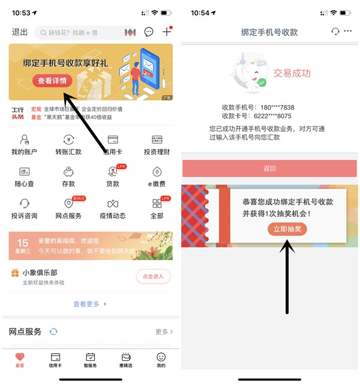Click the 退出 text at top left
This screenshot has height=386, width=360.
point(20,32)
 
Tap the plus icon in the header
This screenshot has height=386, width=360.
point(167,32)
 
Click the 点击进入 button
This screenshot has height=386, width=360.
point(153,276)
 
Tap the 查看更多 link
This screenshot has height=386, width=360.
point(89,304)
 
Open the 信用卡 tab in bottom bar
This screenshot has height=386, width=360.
point(55,360)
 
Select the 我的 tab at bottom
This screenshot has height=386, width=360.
point(161,360)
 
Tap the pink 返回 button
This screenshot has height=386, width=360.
point(269,168)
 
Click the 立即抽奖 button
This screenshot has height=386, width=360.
point(287,229)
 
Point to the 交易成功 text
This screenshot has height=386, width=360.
point(292,73)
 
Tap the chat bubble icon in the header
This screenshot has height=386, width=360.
point(149,32)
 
